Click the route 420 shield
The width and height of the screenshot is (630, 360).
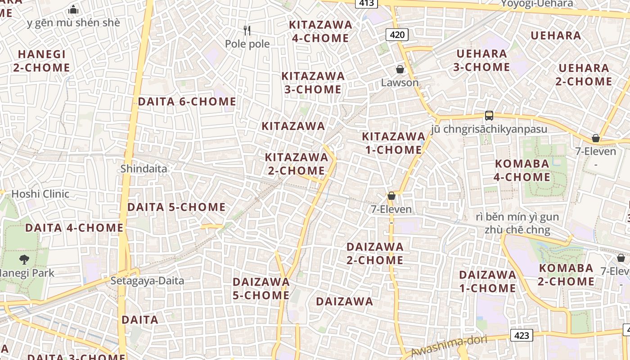pyautogui.click(x=397, y=35)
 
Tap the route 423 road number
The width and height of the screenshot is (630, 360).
pyautogui.click(x=522, y=335)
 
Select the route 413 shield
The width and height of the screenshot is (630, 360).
pyautogui.click(x=367, y=3)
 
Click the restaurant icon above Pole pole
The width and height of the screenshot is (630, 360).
pyautogui.click(x=247, y=31)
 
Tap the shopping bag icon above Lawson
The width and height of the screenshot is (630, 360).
pyautogui.click(x=400, y=69)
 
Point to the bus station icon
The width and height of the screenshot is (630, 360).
pyautogui.click(x=489, y=116)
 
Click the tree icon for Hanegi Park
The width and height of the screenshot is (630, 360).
pyautogui.click(x=24, y=259)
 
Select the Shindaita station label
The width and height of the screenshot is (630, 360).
pyautogui.click(x=144, y=169)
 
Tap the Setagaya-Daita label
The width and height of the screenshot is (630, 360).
pyautogui.click(x=148, y=281)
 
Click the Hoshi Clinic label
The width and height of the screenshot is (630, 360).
pyautogui.click(x=40, y=194)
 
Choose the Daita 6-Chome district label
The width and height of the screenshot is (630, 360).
pyautogui.click(x=187, y=102)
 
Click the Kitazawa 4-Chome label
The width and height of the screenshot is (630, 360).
pyautogui.click(x=320, y=31)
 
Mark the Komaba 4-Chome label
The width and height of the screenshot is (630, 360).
pyautogui.click(x=522, y=171)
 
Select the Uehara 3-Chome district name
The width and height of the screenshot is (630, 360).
pyautogui.click(x=481, y=60)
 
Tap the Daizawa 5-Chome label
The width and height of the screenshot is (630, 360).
pyautogui.click(x=261, y=288)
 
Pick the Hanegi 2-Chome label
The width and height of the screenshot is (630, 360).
pyautogui.click(x=41, y=61)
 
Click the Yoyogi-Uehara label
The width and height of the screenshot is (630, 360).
pyautogui.click(x=537, y=4)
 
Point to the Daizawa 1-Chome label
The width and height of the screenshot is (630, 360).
pyautogui.click(x=487, y=281)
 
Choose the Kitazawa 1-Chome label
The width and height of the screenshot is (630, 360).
pyautogui.click(x=393, y=143)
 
